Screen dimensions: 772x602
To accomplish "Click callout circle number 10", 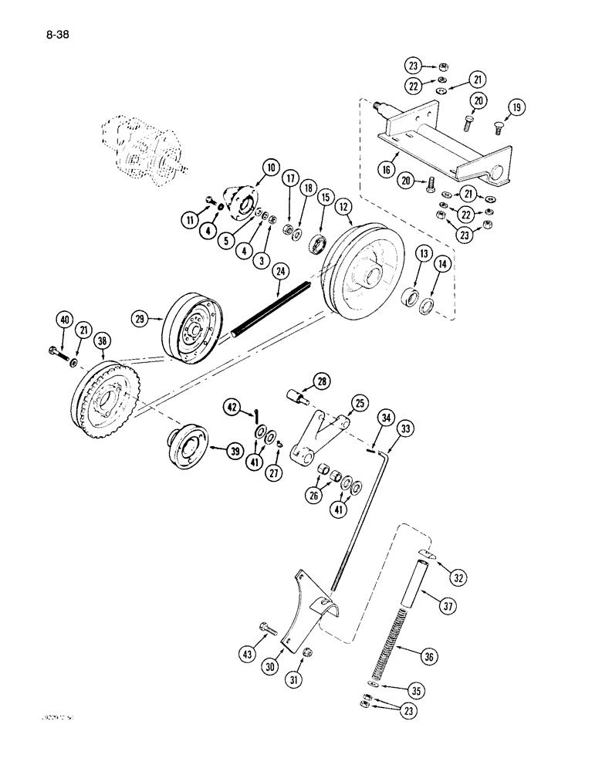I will [251, 167].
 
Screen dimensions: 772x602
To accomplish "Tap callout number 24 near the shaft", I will [280, 271].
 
